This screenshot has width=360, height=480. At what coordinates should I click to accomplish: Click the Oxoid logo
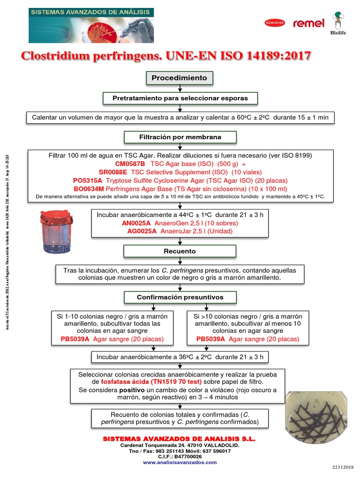click(x=275, y=23)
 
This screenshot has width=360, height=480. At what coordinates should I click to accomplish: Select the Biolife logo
click(x=341, y=24)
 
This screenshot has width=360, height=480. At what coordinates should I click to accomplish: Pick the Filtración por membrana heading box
click(x=180, y=137)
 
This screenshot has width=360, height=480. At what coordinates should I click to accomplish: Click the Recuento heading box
click(x=180, y=251)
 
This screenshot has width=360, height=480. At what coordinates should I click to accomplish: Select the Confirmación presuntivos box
click(x=180, y=297)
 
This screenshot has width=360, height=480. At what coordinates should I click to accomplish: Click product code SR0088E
click(x=112, y=172)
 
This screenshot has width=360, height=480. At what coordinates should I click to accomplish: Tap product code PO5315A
click(x=88, y=180)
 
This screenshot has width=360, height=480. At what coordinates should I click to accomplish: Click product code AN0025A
click(x=136, y=223)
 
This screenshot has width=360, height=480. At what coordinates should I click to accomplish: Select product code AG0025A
click(x=142, y=231)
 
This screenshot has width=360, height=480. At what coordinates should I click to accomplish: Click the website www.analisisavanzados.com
click(x=180, y=462)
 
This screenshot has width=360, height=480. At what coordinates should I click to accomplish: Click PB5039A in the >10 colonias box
click(x=211, y=339)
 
